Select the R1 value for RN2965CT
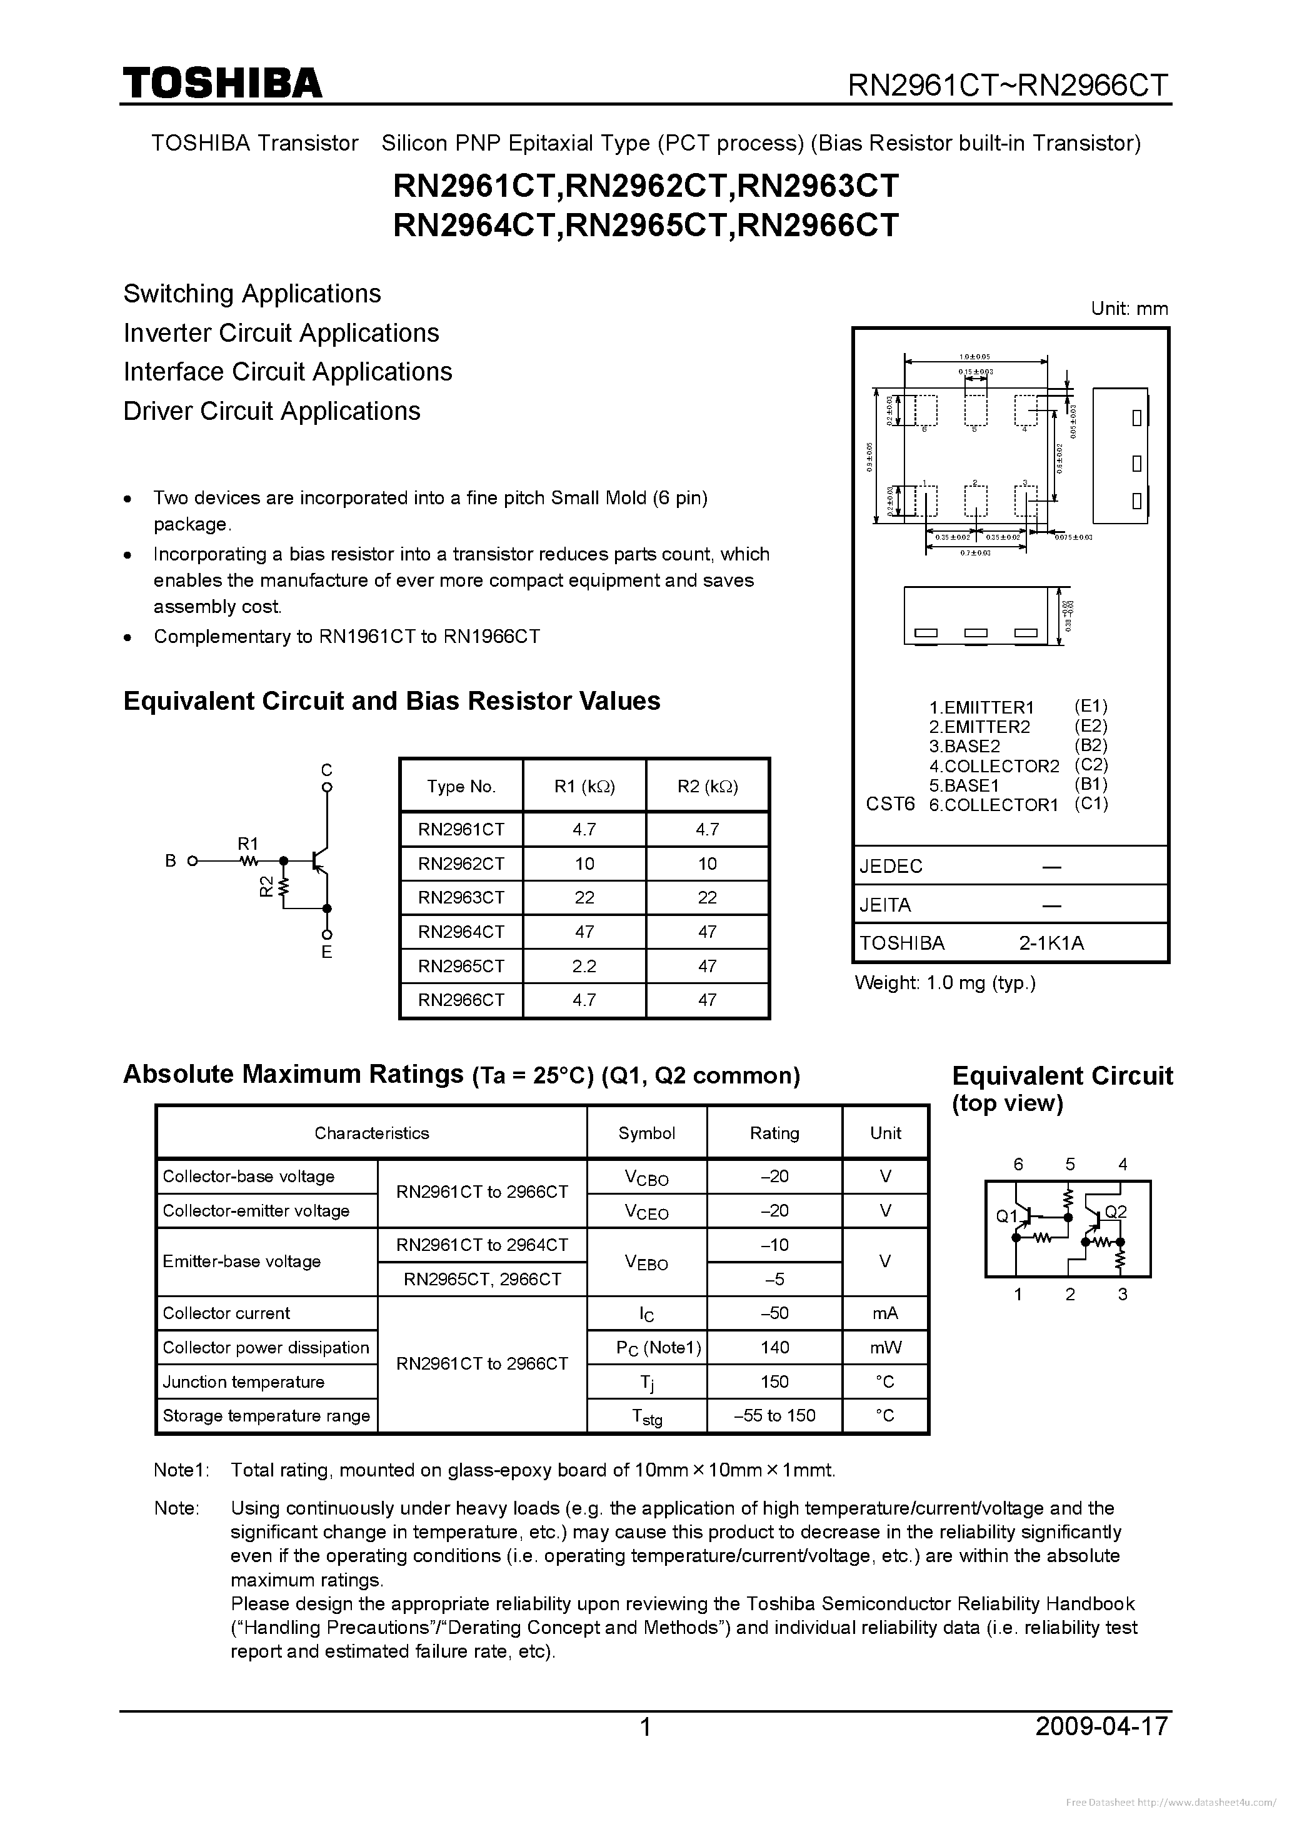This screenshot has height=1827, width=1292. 584,966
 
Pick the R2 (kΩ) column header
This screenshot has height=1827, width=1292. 708,786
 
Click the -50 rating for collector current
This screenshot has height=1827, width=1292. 774,1313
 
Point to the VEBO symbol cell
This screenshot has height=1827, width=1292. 646,1262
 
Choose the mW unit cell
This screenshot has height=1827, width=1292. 885,1347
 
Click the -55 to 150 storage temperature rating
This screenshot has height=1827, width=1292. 774,1416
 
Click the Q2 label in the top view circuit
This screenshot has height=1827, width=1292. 1116,1212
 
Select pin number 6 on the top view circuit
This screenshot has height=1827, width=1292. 1018,1164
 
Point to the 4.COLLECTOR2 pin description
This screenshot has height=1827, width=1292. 994,766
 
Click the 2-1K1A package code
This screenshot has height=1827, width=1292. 1051,943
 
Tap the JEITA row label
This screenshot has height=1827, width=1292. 885,905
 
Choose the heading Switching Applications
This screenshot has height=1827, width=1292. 253,294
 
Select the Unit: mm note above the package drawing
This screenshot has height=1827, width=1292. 1129,309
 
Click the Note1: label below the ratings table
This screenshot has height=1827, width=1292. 181,1470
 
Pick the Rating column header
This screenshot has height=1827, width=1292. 774,1133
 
